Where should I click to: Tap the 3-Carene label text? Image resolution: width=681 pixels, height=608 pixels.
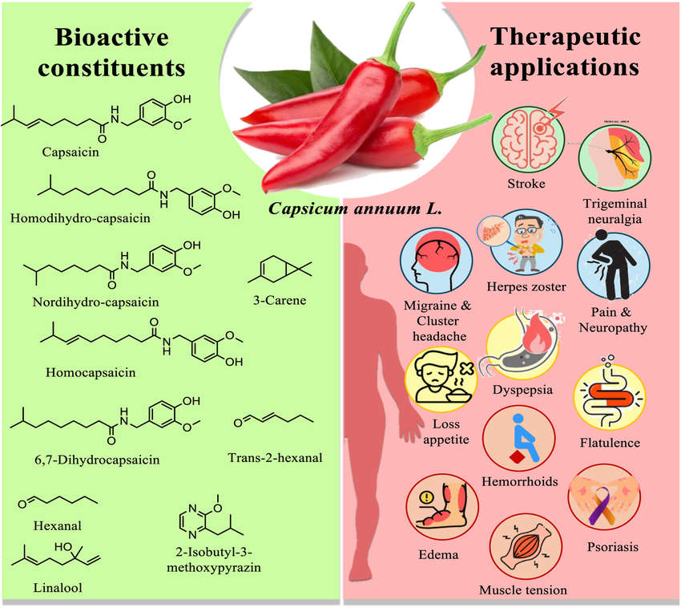click(x=278, y=301)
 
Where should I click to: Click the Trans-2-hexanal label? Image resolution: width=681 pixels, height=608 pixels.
click(x=275, y=457)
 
